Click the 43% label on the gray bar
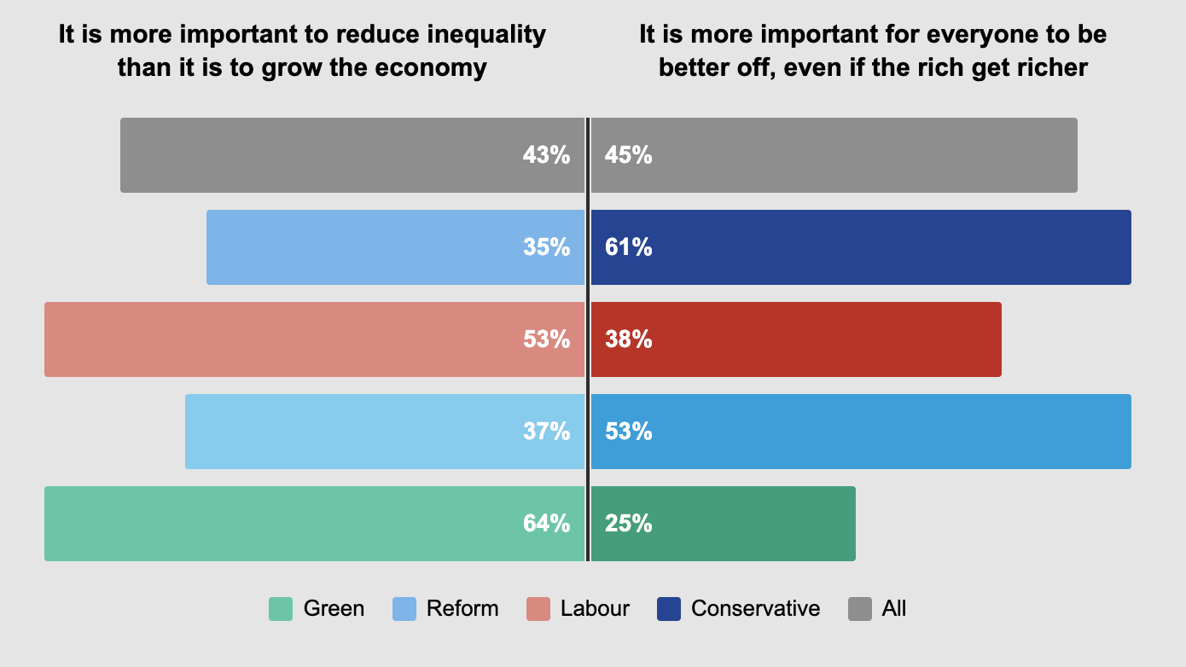[x=546, y=155]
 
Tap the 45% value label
[x=629, y=155]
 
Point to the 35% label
[x=546, y=247]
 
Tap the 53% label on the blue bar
[x=629, y=432]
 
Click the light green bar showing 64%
[x=282, y=524]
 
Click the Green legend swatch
[x=281, y=609]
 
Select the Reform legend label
[x=462, y=609]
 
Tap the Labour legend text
[x=595, y=609]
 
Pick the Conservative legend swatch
[x=669, y=609]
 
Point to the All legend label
[x=894, y=609]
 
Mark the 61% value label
[x=629, y=247]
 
